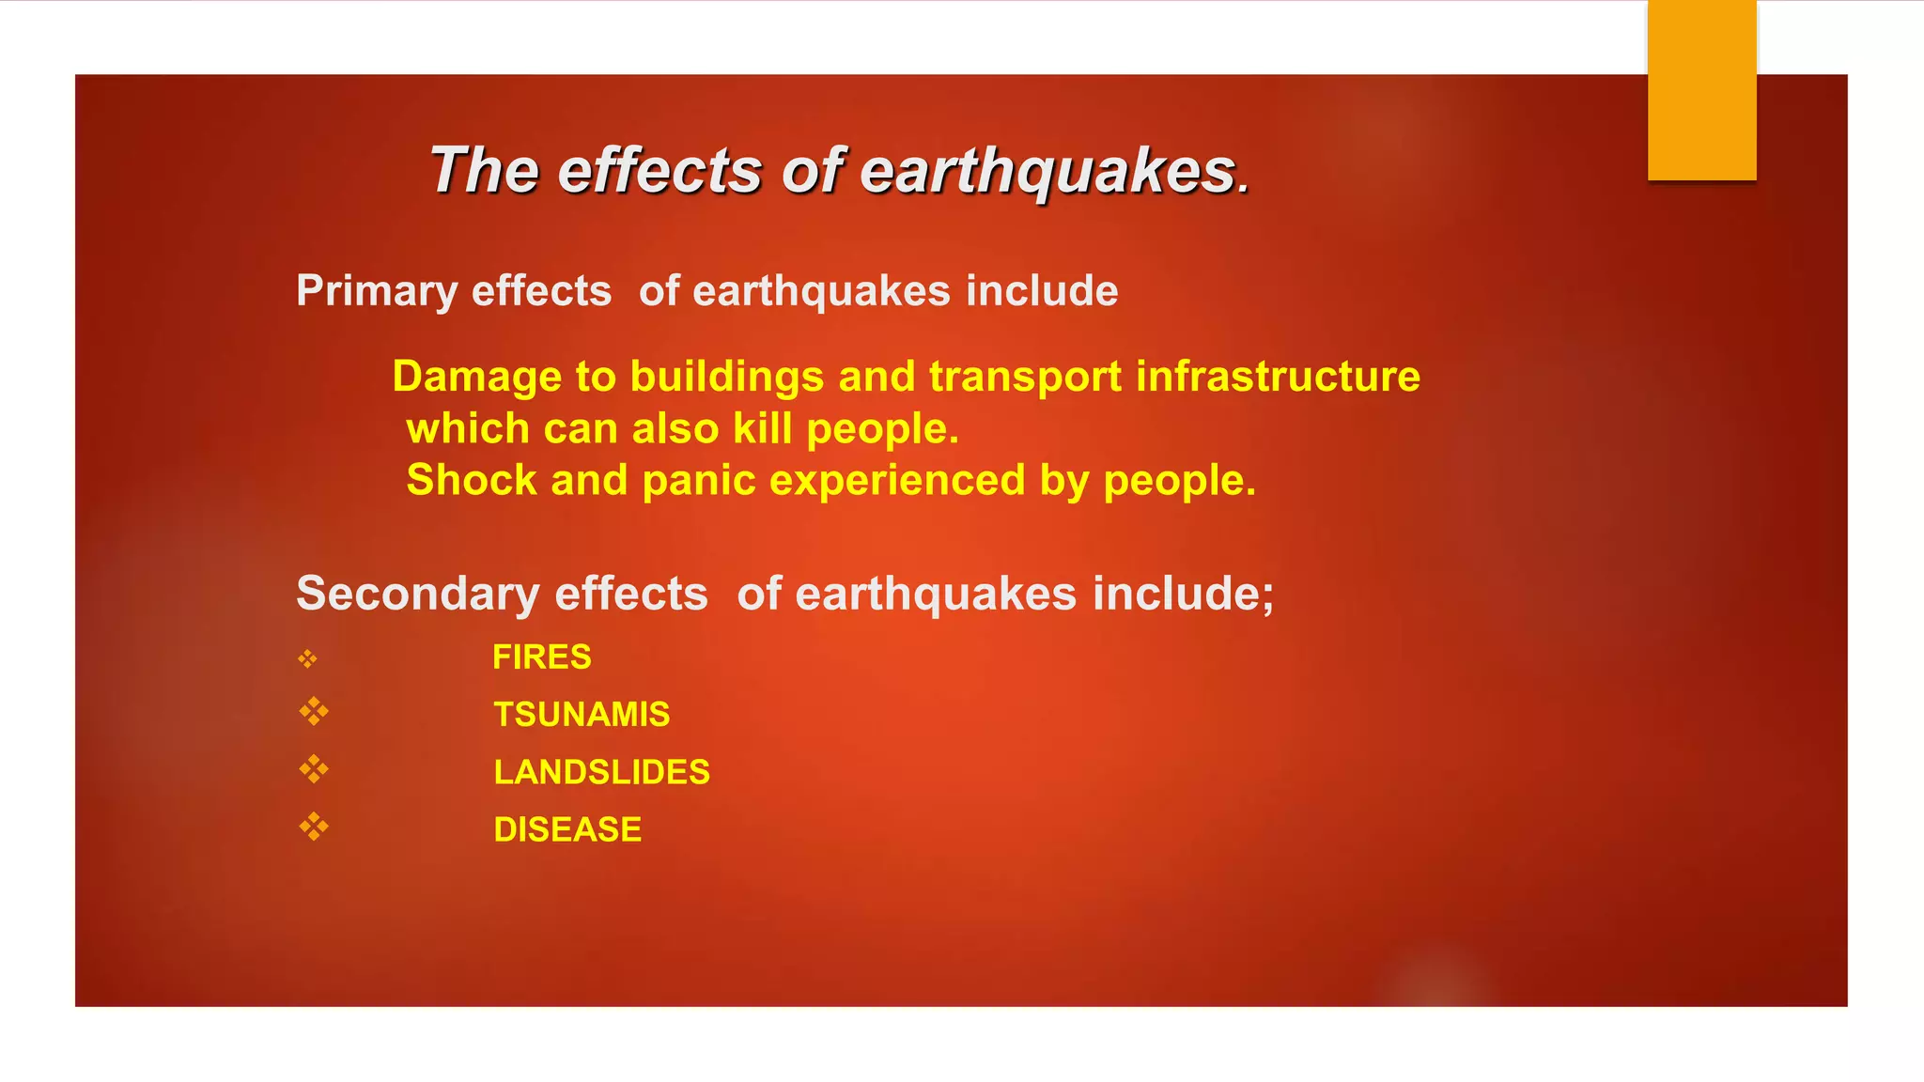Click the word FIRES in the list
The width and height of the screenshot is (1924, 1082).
coord(541,657)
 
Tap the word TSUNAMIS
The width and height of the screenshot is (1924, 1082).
coord(582,715)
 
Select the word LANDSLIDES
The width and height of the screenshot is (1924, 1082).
coord(601,772)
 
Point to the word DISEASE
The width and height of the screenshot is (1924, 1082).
coord(567,829)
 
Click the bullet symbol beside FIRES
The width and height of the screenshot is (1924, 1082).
coord(308,659)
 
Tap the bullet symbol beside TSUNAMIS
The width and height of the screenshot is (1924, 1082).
coord(314,712)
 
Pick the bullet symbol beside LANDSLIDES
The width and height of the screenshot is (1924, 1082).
coord(314,770)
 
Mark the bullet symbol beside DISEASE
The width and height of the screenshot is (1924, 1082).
coord(314,827)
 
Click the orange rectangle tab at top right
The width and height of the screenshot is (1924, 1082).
coord(1701,89)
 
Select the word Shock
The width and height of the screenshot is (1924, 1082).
coord(471,480)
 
